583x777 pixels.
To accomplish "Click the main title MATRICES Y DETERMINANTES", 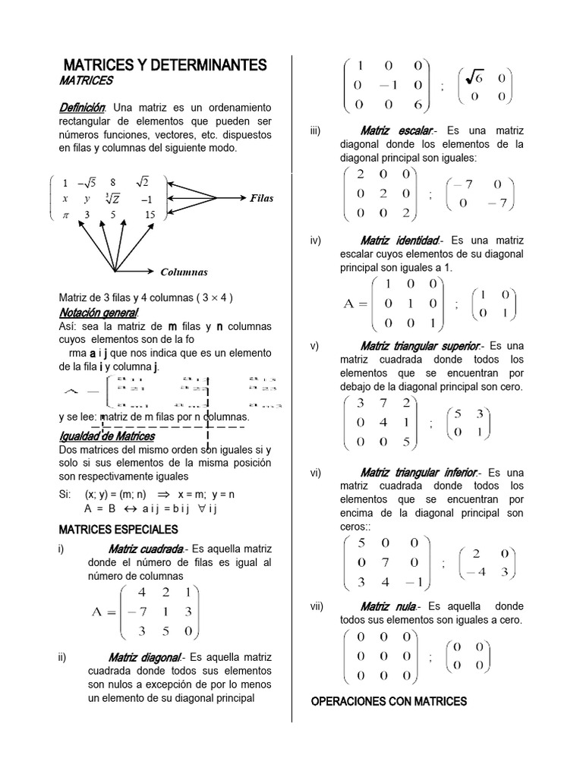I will pos(164,65).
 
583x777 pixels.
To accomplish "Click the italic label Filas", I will pos(261,198).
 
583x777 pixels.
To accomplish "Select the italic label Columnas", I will pos(184,272).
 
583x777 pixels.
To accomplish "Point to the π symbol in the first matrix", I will pos(65,215).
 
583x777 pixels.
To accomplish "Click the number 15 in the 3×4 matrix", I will pos(150,215).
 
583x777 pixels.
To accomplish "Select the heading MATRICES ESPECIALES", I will pos(118,529).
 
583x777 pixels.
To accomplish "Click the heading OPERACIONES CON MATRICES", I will pos(389,701).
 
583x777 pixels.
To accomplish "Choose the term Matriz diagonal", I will pos(144,657).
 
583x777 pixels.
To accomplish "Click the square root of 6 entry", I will pos(474,77).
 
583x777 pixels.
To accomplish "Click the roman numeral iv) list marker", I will pos(317,241).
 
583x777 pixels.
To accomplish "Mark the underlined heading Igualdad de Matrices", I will pos(107,436).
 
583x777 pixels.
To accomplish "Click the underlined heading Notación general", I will pos(99,313).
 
